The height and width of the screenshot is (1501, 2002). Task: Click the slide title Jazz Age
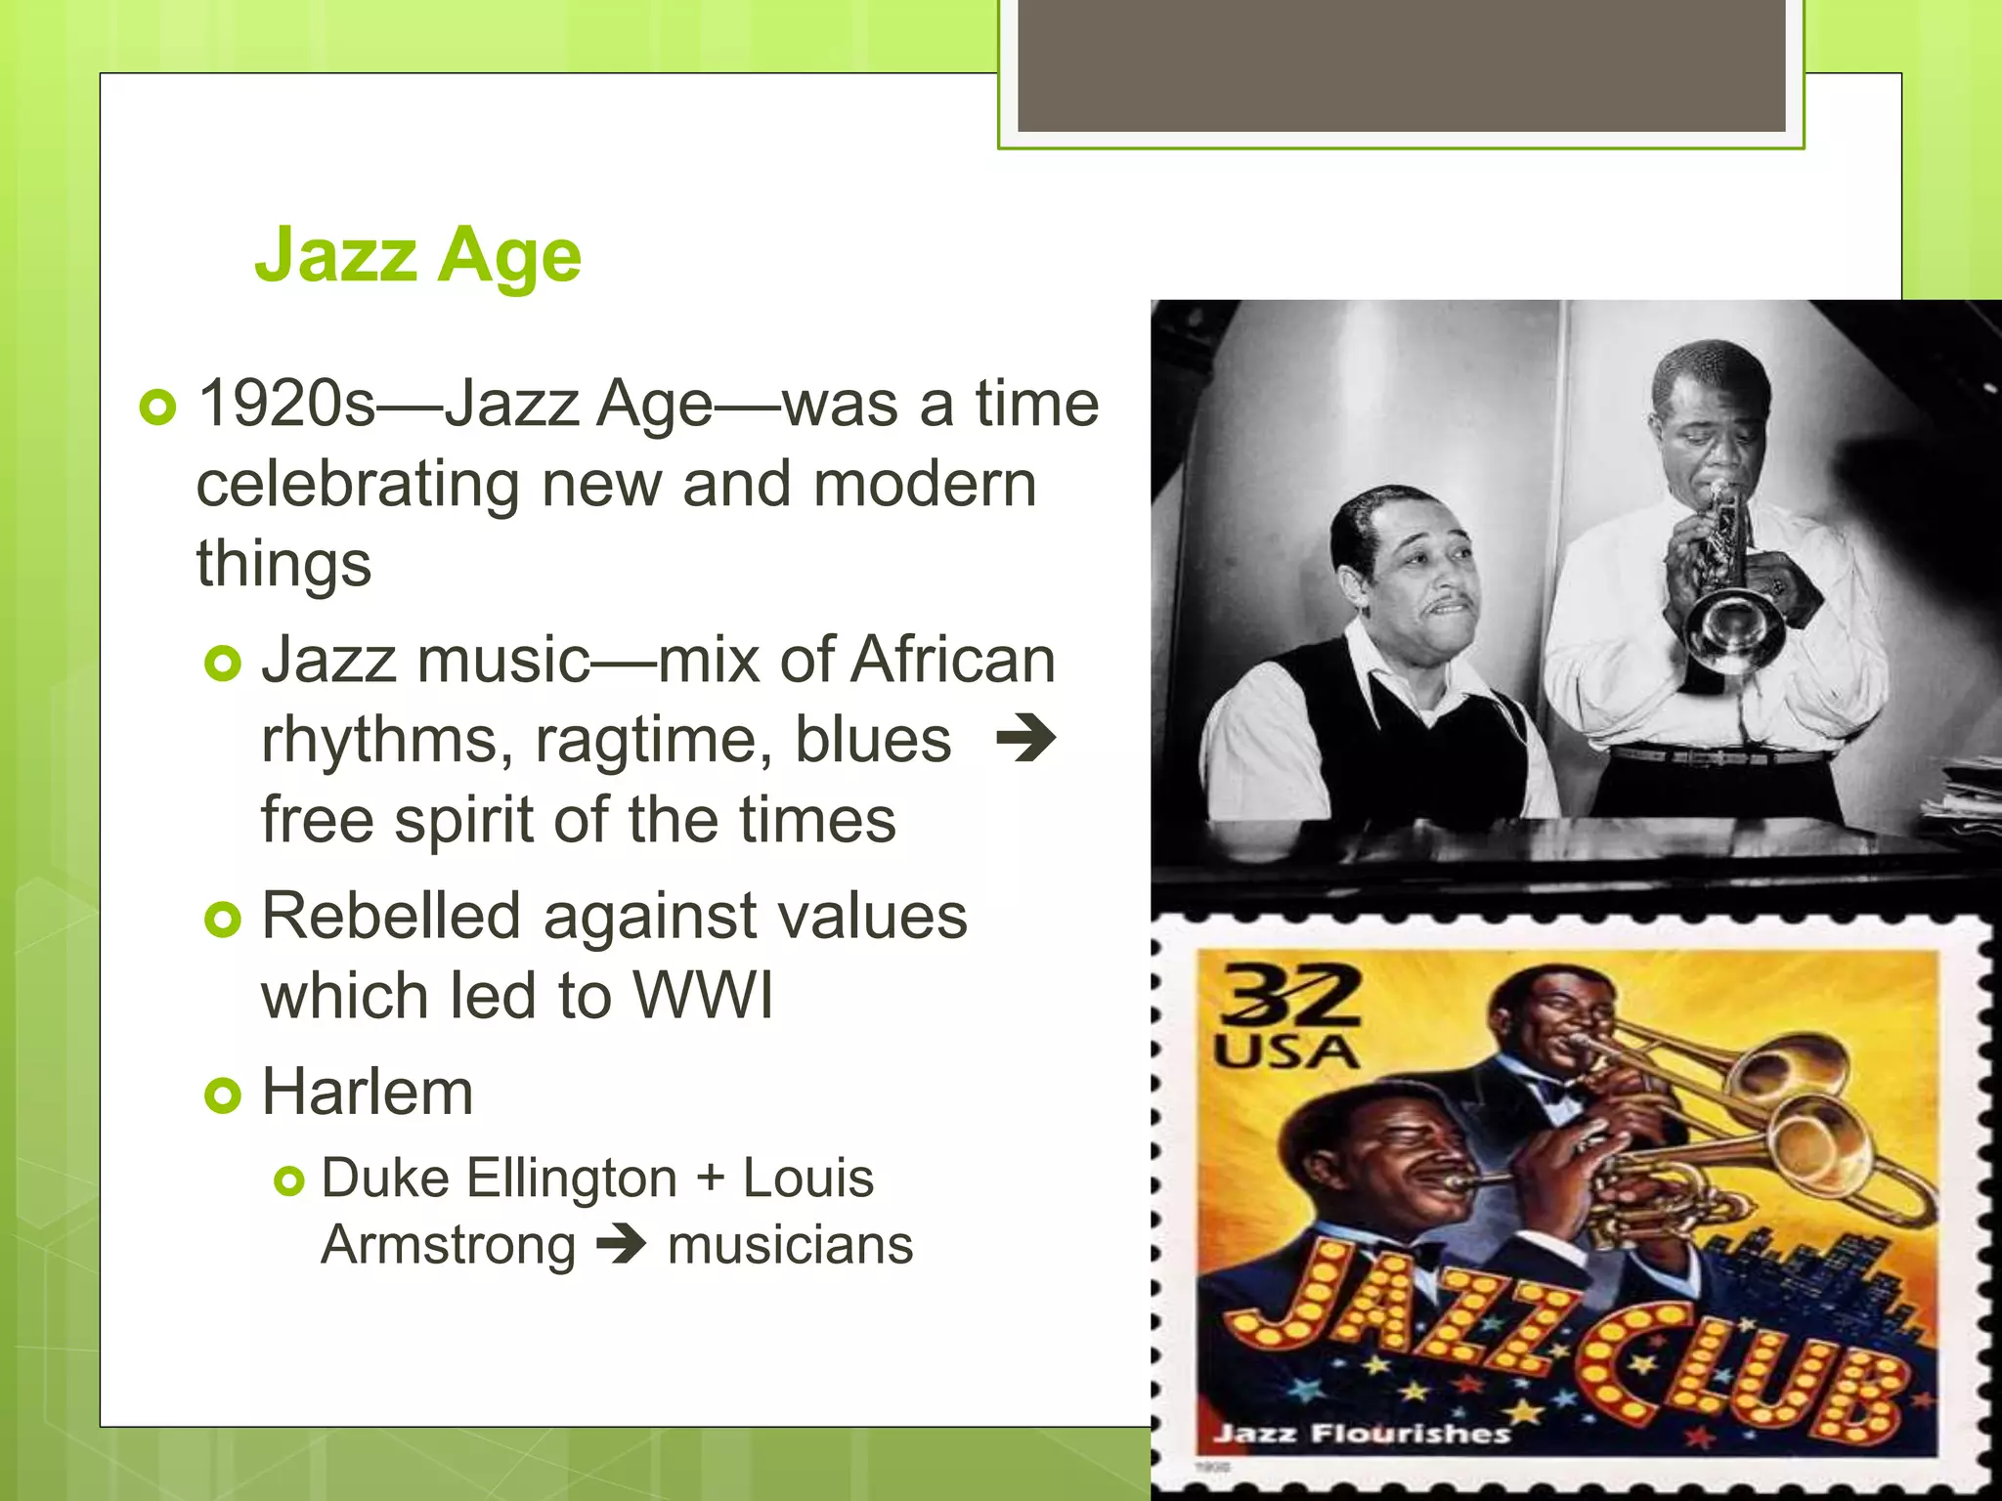click(x=417, y=255)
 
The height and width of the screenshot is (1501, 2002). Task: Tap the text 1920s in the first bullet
click(x=286, y=404)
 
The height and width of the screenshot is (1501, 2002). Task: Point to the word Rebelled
click(x=391, y=918)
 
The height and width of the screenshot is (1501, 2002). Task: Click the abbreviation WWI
click(x=703, y=997)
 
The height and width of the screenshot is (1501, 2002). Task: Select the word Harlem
click(x=368, y=1093)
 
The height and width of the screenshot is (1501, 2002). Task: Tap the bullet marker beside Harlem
click(x=223, y=1095)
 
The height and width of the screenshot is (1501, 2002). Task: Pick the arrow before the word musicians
click(x=622, y=1244)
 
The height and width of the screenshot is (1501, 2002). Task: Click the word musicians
click(x=790, y=1246)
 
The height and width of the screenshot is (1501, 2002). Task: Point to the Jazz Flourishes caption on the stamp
click(x=1361, y=1434)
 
